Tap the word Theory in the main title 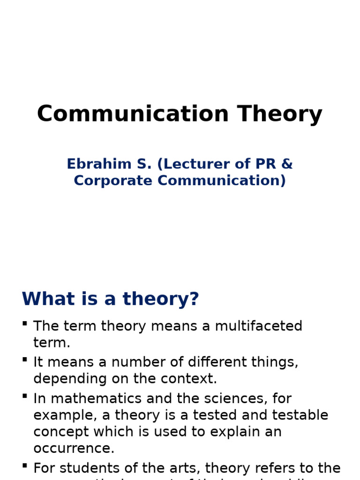[280, 114]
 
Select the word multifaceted [259, 326]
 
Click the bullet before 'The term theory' [24, 323]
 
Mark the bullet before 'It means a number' [24, 360]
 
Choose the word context [194, 378]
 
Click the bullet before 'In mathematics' [24, 397]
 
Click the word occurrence [74, 448]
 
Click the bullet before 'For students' [24, 466]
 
